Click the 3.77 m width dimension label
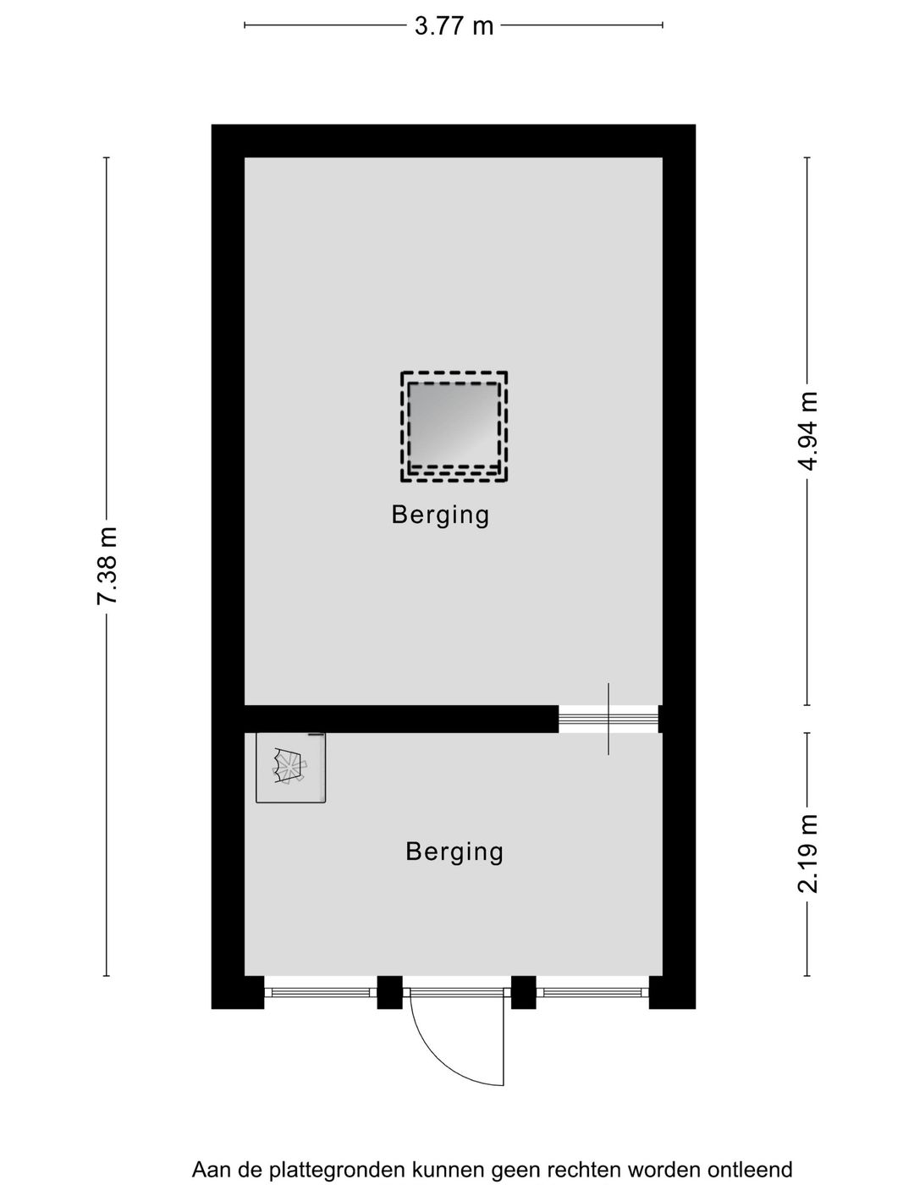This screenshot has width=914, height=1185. coord(454,25)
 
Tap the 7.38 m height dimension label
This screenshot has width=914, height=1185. coord(107,565)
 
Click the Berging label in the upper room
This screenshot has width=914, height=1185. coord(440,515)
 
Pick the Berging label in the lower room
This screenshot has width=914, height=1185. coord(454,852)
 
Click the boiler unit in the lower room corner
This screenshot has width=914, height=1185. coord(290,768)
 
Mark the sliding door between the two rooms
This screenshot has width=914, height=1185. coord(608,719)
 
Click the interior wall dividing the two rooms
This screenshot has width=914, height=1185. coord(402,719)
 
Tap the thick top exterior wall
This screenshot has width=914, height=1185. coord(454,141)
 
